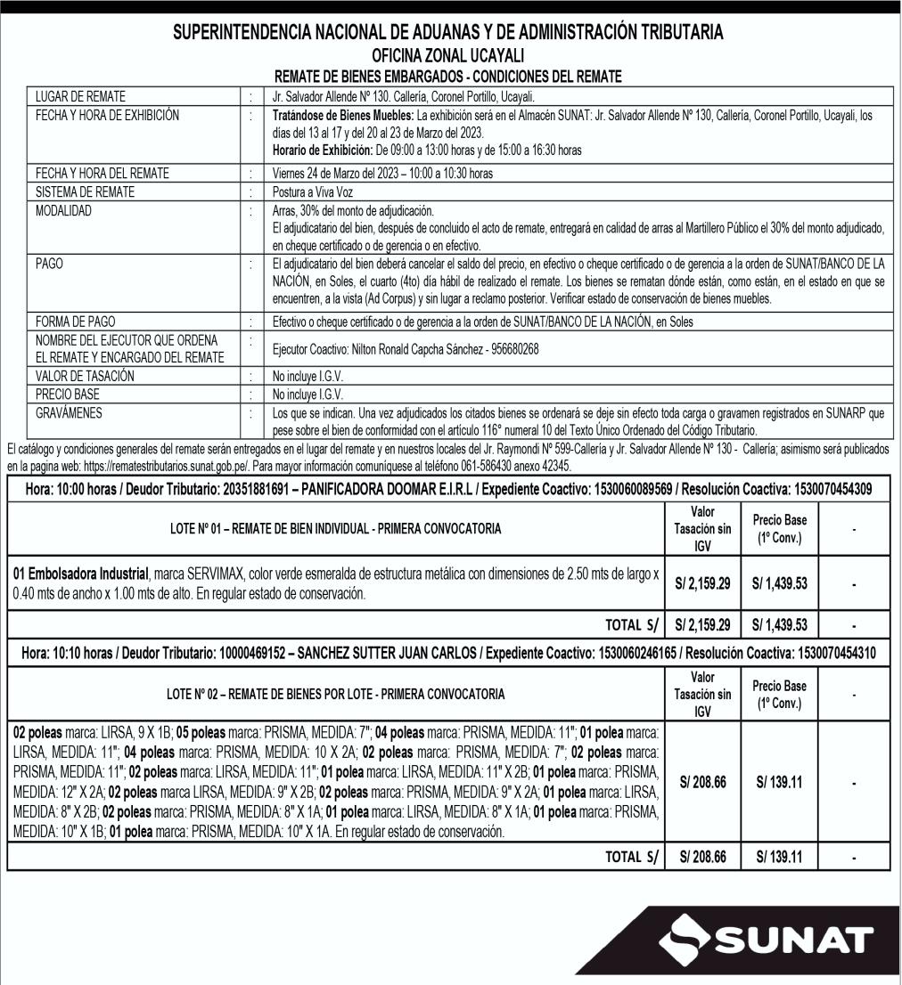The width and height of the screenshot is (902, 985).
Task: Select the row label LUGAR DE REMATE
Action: click(x=80, y=96)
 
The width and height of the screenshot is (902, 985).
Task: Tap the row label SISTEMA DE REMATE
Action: click(x=86, y=191)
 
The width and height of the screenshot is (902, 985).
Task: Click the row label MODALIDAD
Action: click(x=63, y=211)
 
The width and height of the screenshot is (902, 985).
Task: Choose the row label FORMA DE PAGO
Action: click(x=76, y=321)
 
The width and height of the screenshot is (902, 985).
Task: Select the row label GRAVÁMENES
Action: click(x=69, y=414)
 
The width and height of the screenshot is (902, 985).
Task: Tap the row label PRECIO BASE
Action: click(x=68, y=395)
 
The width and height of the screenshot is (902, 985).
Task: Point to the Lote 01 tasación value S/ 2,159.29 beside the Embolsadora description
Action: click(x=702, y=583)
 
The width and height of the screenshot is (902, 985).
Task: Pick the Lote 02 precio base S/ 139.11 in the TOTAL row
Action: click(x=779, y=857)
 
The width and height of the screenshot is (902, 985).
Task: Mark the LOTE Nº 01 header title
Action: click(x=335, y=528)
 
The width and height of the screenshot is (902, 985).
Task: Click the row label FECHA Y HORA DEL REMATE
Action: click(x=102, y=173)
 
